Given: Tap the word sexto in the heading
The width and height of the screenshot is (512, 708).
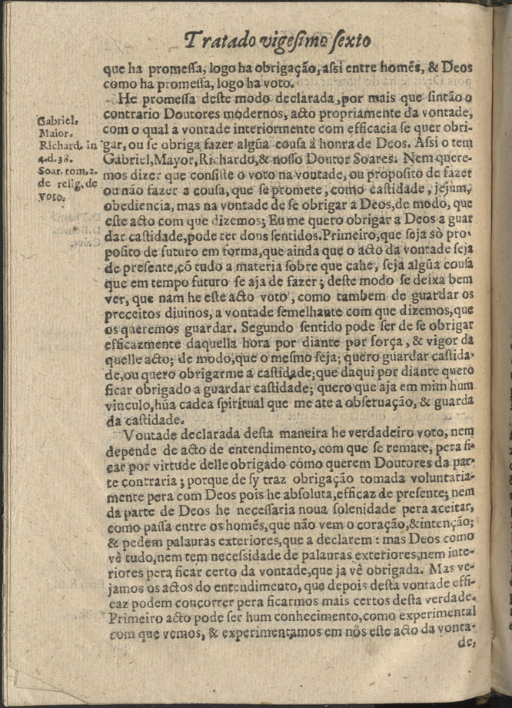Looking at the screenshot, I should pyautogui.click(x=348, y=38).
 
